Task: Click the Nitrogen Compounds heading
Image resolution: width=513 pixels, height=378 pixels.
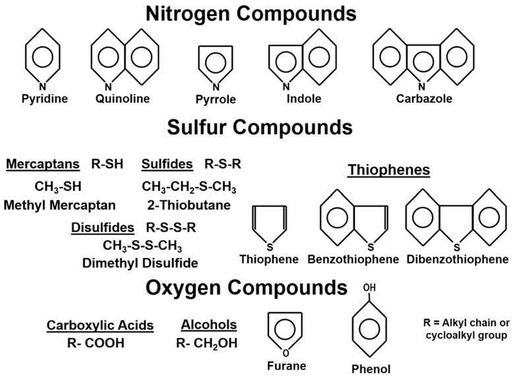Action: (256, 13)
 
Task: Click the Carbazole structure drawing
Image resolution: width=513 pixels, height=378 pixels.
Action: (421, 61)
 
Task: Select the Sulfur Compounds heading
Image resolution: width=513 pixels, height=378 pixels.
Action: (257, 126)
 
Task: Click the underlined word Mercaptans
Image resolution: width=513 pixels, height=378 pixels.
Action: (43, 164)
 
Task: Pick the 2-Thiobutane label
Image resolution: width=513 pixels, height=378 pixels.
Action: (189, 205)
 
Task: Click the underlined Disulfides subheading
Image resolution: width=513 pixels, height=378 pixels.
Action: (103, 228)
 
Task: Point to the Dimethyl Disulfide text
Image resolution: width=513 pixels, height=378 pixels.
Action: (140, 263)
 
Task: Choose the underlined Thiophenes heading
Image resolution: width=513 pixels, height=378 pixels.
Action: (389, 170)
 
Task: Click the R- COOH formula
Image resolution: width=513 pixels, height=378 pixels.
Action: (96, 343)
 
